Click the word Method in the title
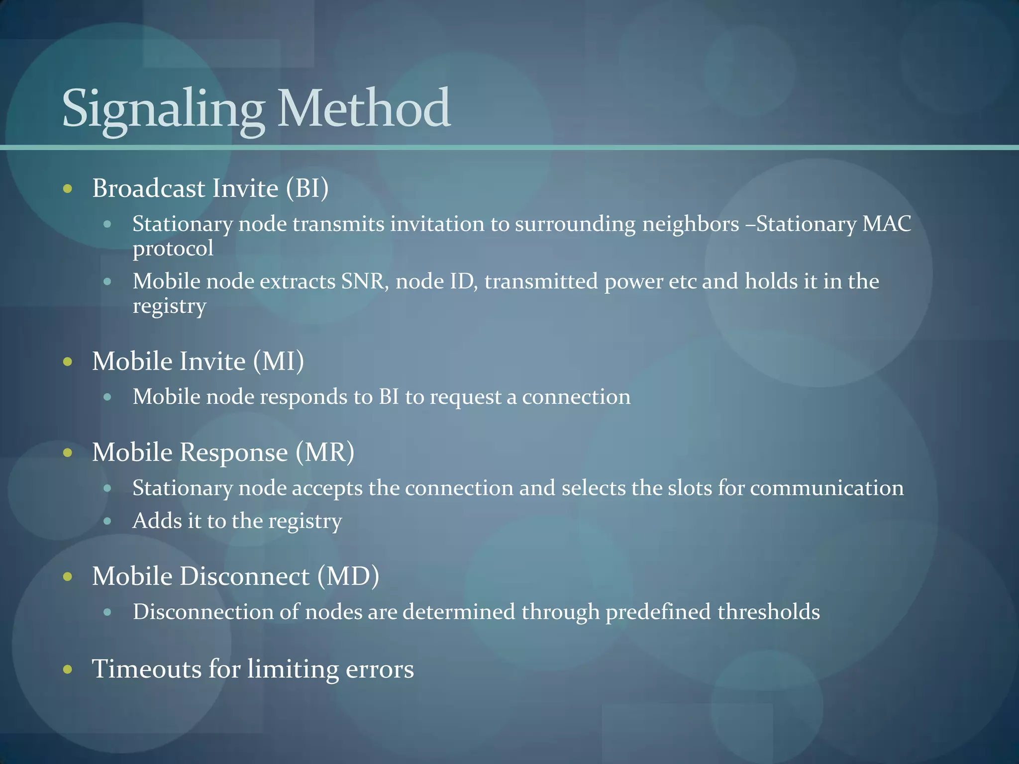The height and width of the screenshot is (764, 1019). click(x=364, y=108)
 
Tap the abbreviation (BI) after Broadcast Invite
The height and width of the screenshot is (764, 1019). click(x=307, y=188)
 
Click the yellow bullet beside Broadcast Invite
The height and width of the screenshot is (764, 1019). click(x=68, y=189)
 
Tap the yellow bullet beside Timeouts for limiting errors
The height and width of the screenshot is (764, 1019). click(x=68, y=669)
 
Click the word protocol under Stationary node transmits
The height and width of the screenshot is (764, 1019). click(x=173, y=249)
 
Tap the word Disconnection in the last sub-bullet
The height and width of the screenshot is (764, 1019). click(x=203, y=612)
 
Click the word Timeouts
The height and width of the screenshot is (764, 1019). click(x=147, y=668)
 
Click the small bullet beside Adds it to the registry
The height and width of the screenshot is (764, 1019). click(x=107, y=521)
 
